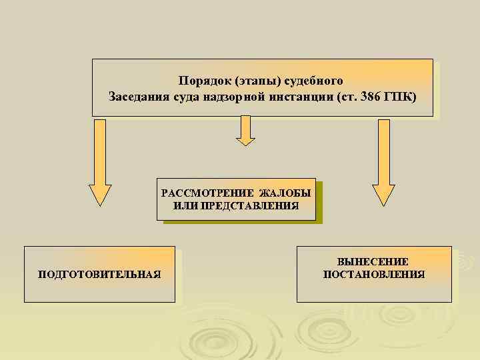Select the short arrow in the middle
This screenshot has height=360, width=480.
tap(246, 130)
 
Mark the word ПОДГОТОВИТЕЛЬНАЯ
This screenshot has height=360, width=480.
tap(99, 275)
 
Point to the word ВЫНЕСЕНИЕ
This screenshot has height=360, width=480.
tap(373, 262)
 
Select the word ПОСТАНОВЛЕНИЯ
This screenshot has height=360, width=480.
tap(373, 274)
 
